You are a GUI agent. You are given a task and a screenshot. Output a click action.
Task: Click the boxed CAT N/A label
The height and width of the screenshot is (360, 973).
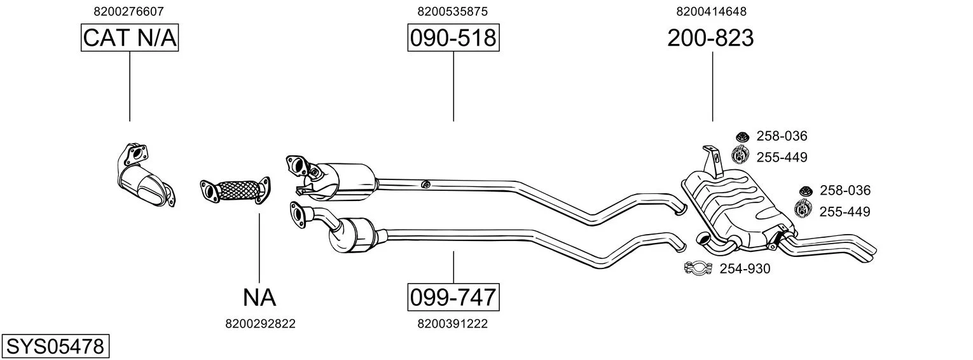pos(130,38)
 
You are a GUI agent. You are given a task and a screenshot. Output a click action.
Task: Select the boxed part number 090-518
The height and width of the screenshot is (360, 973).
pos(453,38)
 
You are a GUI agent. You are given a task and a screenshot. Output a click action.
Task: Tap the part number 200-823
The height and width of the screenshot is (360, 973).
pos(710,38)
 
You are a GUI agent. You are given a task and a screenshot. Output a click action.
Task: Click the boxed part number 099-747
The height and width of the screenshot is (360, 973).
pos(453,297)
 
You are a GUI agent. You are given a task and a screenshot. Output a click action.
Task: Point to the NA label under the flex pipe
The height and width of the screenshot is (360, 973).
pos(259,298)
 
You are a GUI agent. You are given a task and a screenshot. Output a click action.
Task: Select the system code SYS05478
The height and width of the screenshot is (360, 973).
pos(55,346)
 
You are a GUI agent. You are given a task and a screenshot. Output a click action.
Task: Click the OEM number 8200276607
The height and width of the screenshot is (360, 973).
pos(128,11)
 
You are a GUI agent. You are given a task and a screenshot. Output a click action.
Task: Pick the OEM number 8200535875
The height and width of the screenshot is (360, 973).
pos(453,11)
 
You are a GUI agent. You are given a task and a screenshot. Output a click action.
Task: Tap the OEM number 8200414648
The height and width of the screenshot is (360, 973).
pos(711,11)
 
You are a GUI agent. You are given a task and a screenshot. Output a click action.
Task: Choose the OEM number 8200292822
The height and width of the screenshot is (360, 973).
pos(260,324)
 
